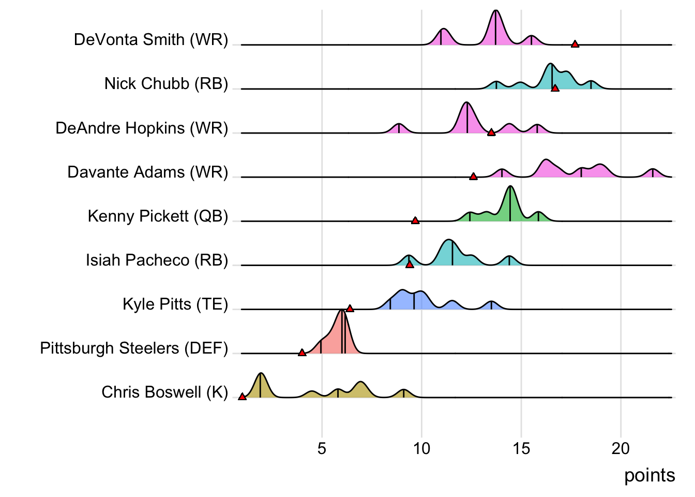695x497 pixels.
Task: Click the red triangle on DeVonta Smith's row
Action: [575, 44]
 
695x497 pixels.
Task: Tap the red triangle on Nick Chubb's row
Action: [555, 89]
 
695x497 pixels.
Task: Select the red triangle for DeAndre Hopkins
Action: [491, 133]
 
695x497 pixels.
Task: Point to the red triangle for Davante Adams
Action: [473, 177]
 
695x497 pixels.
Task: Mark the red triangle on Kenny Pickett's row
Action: [415, 221]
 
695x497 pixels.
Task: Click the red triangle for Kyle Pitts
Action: [350, 309]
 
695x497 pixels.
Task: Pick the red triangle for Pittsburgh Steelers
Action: [302, 353]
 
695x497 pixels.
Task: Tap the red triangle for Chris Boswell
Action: [242, 397]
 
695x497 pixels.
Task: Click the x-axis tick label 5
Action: [322, 448]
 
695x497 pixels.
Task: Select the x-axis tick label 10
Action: [421, 448]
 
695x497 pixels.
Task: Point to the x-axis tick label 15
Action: [521, 448]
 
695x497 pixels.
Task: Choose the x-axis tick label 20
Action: [621, 448]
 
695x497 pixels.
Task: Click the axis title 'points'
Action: [649, 475]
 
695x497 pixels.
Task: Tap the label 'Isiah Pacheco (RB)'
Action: [157, 260]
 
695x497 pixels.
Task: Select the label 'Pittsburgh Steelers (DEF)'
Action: [134, 348]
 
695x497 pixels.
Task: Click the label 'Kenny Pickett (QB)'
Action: [158, 216]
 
